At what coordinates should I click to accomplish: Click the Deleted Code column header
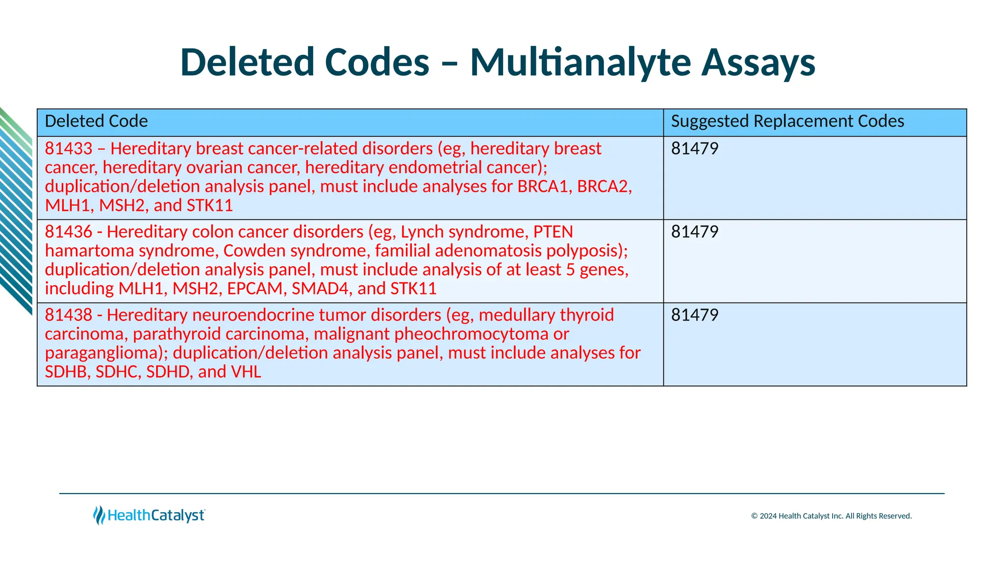(x=96, y=121)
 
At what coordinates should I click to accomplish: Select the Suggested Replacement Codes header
(x=787, y=121)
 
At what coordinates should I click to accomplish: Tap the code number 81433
(x=69, y=149)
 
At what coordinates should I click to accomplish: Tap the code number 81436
(x=69, y=232)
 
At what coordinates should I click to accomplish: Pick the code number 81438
(x=69, y=315)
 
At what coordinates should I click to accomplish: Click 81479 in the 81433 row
(x=695, y=149)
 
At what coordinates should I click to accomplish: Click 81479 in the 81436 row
(x=695, y=232)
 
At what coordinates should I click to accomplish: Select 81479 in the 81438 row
(x=695, y=315)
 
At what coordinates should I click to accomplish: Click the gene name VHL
(x=246, y=372)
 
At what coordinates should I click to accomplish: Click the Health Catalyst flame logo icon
(x=99, y=516)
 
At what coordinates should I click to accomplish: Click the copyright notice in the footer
(x=831, y=516)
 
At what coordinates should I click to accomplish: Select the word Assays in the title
(x=758, y=63)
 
